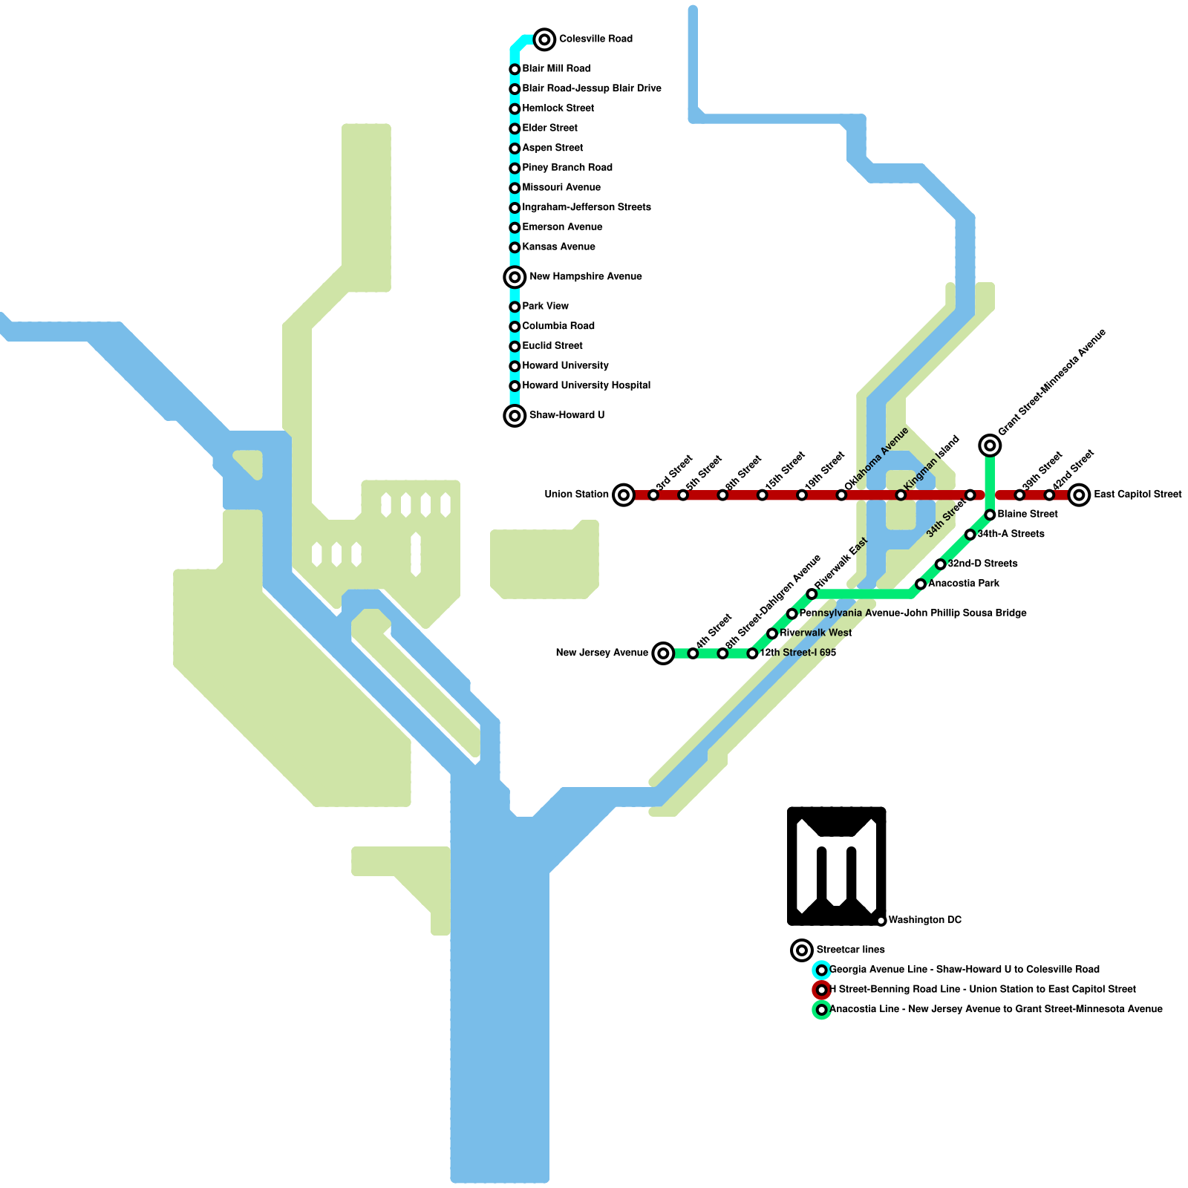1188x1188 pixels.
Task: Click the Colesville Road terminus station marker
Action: (544, 39)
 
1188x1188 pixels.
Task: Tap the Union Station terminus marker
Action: (624, 495)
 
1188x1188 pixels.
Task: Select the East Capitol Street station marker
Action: (1080, 495)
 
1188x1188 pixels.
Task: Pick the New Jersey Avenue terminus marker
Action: (664, 653)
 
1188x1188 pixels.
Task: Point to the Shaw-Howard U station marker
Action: (515, 416)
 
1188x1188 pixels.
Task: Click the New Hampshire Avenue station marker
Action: (515, 277)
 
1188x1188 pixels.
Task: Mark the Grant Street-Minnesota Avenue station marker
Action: (990, 445)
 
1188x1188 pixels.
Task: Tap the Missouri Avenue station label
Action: (561, 187)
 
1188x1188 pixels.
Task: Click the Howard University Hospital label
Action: (586, 385)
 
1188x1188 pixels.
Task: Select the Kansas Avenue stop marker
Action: (515, 247)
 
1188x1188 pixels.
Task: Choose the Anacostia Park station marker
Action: (921, 584)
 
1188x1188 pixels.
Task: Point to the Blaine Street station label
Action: (1028, 514)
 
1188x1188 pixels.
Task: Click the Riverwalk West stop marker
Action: (772, 633)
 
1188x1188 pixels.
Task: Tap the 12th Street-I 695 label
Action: (798, 653)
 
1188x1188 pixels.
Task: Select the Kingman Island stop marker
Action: (901, 495)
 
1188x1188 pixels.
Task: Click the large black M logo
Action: (836, 866)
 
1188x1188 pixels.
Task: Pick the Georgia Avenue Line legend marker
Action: (821, 970)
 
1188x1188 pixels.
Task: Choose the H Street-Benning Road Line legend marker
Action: (821, 990)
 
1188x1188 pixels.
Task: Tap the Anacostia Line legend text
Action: (996, 1009)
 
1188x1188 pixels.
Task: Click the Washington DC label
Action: (924, 920)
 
